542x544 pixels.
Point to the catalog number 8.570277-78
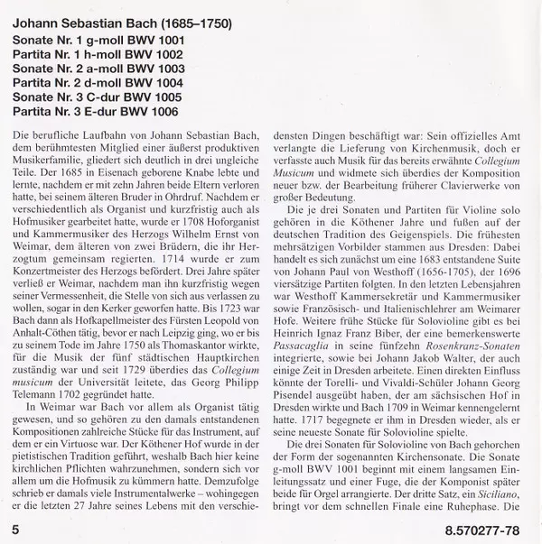pyautogui.click(x=491, y=524)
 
